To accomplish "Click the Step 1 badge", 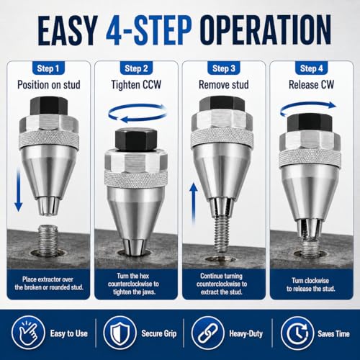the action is point(48,68).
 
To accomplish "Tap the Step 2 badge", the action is point(136,68).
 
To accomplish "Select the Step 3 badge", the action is point(224,68).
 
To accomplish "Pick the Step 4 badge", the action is point(311,68).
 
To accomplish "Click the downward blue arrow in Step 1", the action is point(19,189).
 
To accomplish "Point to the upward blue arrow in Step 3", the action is point(194,204).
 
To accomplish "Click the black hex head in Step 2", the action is point(136,140).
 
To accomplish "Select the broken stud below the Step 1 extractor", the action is point(49,240).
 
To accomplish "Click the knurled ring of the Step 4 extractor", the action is point(310,158).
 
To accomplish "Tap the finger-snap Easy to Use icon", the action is point(29,333).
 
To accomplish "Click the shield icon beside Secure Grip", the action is point(120,333).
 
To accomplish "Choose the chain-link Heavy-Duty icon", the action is point(208,333).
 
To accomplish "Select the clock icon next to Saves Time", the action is point(297,333).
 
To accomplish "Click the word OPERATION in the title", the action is point(266,30).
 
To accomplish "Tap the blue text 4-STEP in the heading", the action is point(149,30).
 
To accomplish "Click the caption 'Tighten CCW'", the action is point(136,85).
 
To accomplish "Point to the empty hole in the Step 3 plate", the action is point(221,259).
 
